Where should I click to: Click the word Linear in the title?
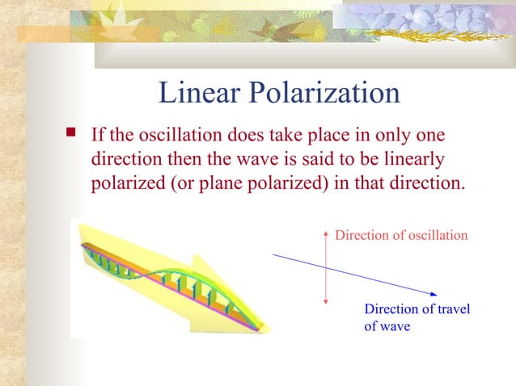tap(193, 94)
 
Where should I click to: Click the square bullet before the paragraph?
tap(71, 132)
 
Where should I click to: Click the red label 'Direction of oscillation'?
tap(401, 235)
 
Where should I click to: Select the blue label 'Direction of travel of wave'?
tap(417, 317)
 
